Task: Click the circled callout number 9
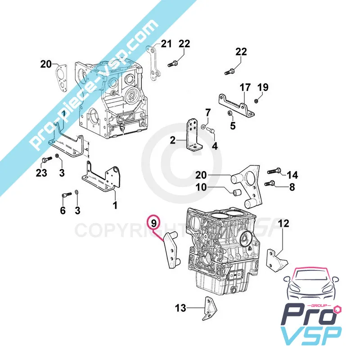[154, 222]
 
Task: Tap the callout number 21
[166, 44]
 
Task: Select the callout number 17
[244, 87]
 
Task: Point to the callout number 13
[180, 308]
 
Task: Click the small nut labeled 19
[256, 100]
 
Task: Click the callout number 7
[208, 112]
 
